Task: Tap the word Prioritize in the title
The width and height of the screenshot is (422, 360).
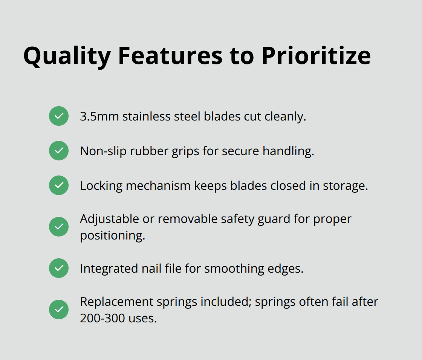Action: point(316,56)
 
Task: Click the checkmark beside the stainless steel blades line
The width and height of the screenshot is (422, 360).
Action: point(59,116)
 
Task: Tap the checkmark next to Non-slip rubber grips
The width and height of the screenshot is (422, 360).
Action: point(59,151)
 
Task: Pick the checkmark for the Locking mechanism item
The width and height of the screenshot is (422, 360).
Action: point(59,185)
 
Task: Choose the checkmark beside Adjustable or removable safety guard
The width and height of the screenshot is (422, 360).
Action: point(59,227)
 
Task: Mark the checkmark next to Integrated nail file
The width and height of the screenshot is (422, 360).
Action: point(59,268)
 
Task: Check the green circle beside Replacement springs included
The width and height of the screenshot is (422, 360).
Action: point(59,310)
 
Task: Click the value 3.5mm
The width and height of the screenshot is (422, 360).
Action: point(99,116)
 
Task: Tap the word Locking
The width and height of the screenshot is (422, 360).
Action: point(101,186)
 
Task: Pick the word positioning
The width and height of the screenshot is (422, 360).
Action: point(112,236)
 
